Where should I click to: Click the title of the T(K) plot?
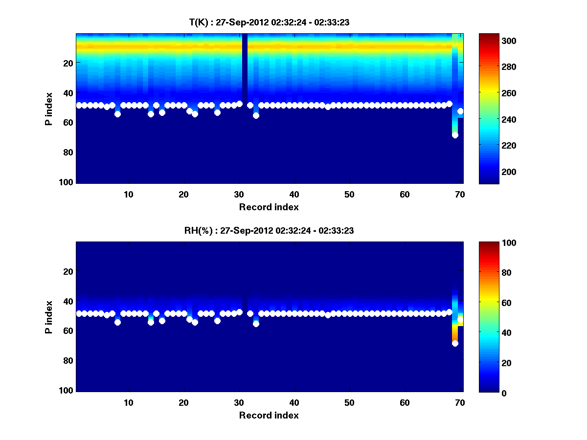click(x=269, y=22)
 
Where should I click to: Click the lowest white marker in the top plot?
click(x=455, y=135)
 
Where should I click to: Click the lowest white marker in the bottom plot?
click(x=455, y=343)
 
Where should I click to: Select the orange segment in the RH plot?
click(x=455, y=335)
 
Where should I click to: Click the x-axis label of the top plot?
click(x=269, y=207)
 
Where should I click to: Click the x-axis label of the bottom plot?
click(x=269, y=415)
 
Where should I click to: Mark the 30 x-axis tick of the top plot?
click(x=239, y=194)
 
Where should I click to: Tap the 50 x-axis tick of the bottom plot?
click(x=349, y=402)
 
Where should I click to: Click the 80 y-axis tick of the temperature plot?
click(x=68, y=152)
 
